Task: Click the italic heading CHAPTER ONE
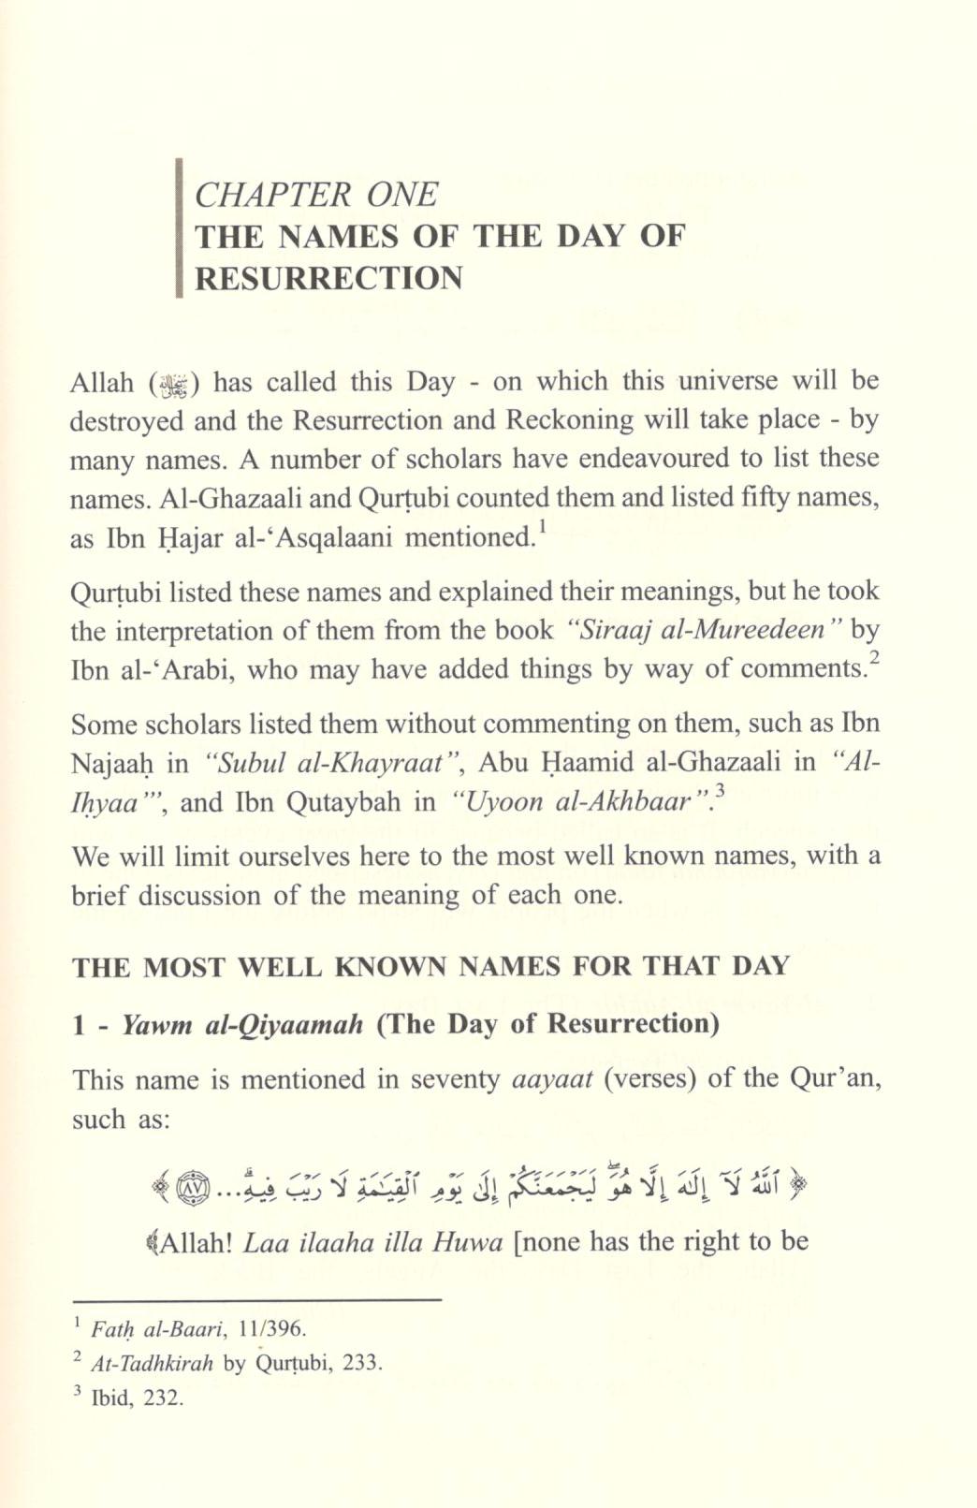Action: (x=315, y=194)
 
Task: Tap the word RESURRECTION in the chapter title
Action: (x=328, y=278)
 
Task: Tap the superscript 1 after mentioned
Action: (x=543, y=529)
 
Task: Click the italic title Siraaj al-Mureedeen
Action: (x=697, y=629)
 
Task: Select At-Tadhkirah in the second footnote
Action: (x=152, y=1362)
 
